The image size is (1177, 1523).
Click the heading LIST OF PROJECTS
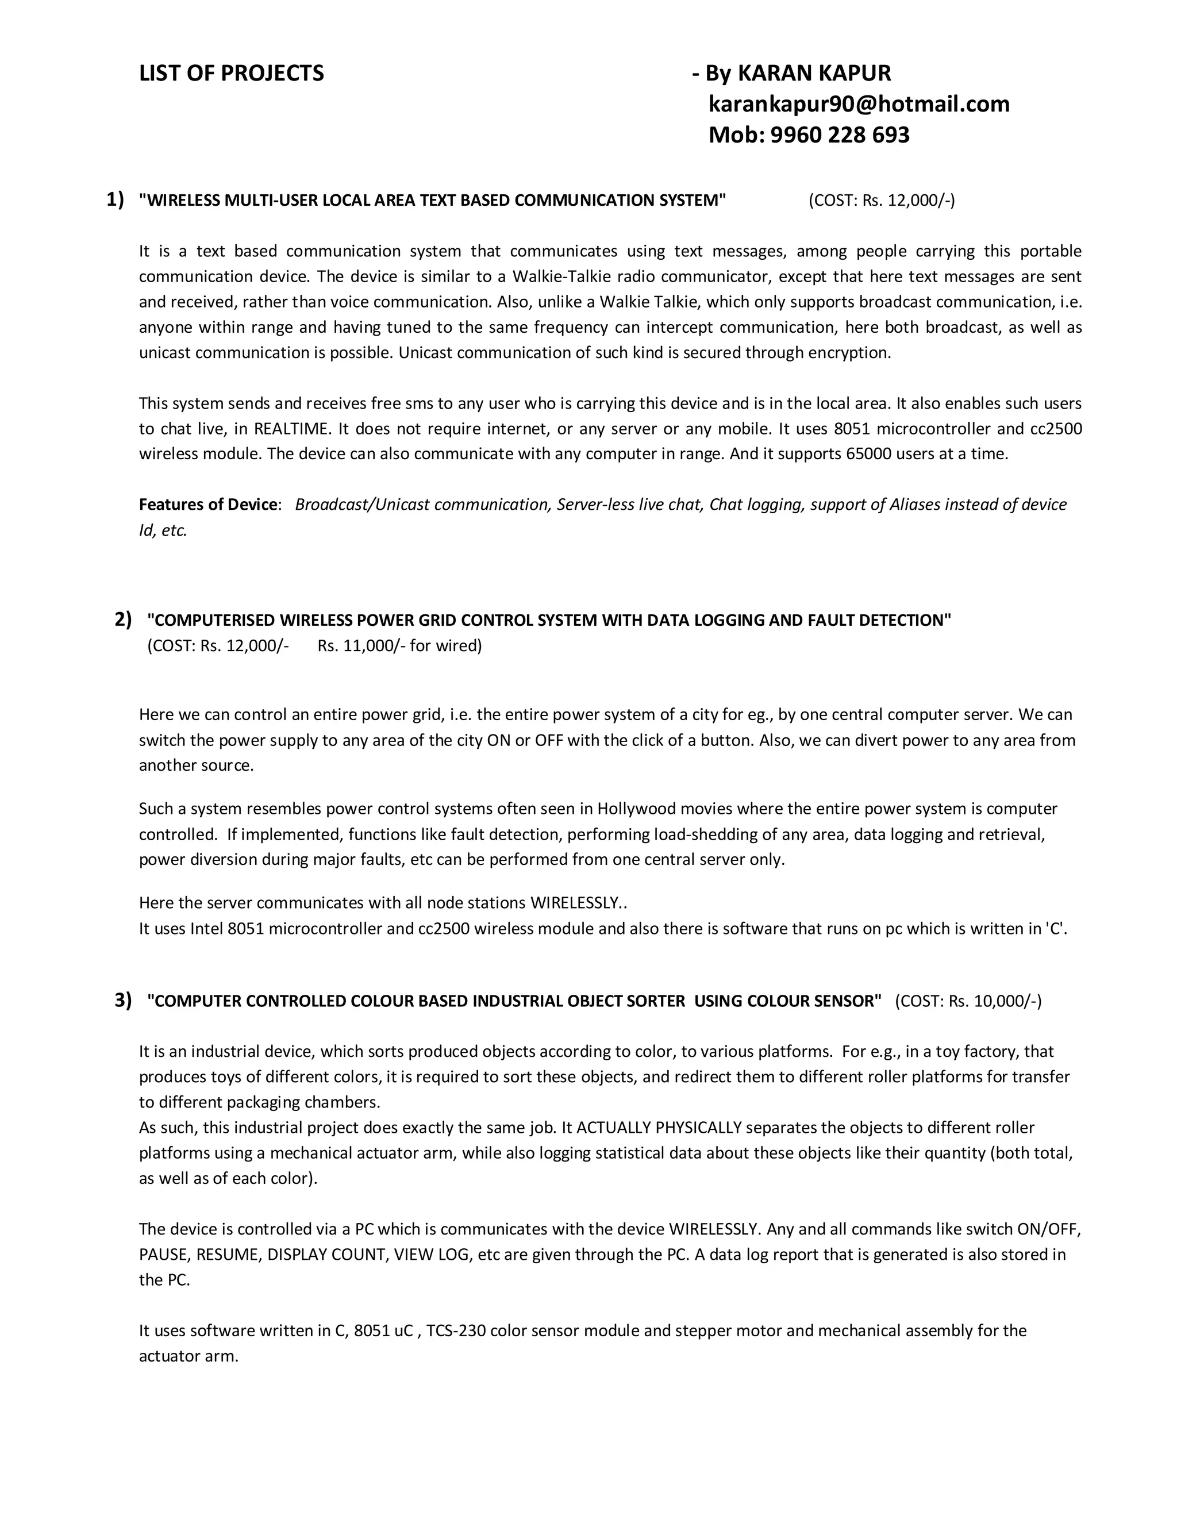[x=231, y=73]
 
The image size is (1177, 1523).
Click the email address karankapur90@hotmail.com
[x=859, y=104]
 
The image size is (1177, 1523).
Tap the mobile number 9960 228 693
[x=840, y=134]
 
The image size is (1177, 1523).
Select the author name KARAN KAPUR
[x=814, y=73]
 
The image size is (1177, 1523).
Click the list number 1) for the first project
[x=115, y=199]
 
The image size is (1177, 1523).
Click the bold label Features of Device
[x=208, y=504]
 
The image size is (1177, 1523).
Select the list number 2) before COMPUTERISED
[x=124, y=619]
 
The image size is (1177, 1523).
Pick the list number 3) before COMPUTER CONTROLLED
[x=124, y=1001]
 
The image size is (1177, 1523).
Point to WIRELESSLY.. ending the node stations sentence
[x=578, y=903]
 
